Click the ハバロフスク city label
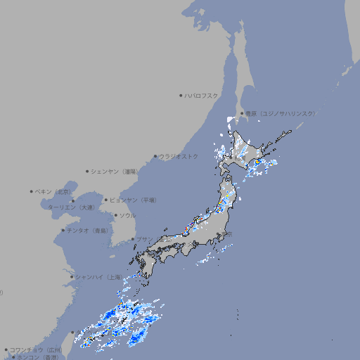(x=202, y=95)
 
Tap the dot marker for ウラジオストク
(x=155, y=156)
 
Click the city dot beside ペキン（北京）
(x=32, y=191)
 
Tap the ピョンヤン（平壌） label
(x=133, y=200)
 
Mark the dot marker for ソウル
(x=115, y=215)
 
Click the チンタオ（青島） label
(x=87, y=230)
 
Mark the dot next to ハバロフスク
(x=181, y=95)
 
